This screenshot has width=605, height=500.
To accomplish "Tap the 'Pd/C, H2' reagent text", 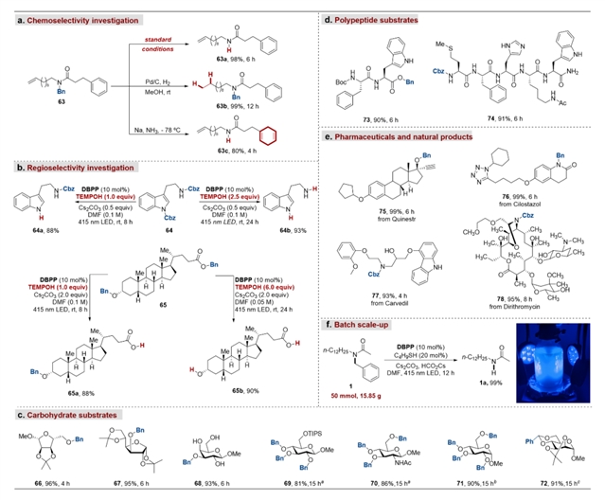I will point(157,84).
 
